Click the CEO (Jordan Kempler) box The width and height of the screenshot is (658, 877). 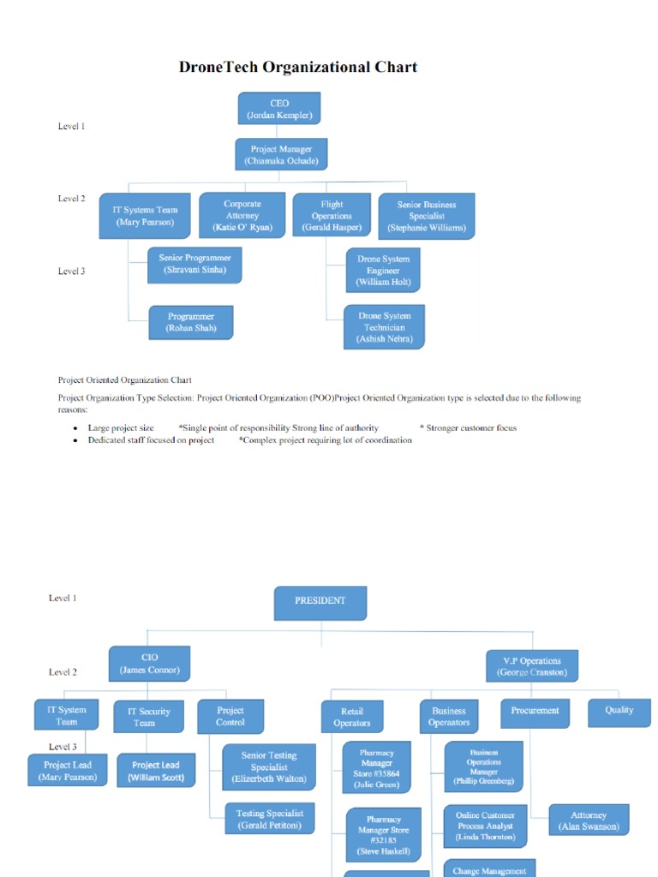(279, 109)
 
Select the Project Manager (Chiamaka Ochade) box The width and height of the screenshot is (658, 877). (281, 154)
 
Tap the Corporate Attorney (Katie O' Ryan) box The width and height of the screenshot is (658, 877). (242, 215)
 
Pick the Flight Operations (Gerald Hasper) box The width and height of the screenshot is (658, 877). (332, 216)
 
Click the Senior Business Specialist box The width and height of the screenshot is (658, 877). (426, 216)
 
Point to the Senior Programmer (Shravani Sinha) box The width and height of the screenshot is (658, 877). (194, 264)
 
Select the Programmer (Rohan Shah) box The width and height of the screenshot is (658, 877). (191, 322)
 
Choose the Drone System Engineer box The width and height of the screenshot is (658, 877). (383, 270)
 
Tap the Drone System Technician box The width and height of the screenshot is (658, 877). (384, 327)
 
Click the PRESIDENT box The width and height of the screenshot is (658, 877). (320, 602)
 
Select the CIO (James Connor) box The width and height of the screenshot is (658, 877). (150, 664)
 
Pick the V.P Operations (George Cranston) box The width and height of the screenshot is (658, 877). (532, 666)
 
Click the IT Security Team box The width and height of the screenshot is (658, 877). (148, 716)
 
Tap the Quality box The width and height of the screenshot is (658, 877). (619, 711)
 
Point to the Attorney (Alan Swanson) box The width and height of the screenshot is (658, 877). (589, 820)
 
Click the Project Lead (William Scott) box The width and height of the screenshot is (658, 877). (156, 771)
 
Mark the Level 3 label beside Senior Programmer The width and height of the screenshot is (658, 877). (71, 271)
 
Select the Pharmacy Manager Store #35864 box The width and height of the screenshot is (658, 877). (377, 767)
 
